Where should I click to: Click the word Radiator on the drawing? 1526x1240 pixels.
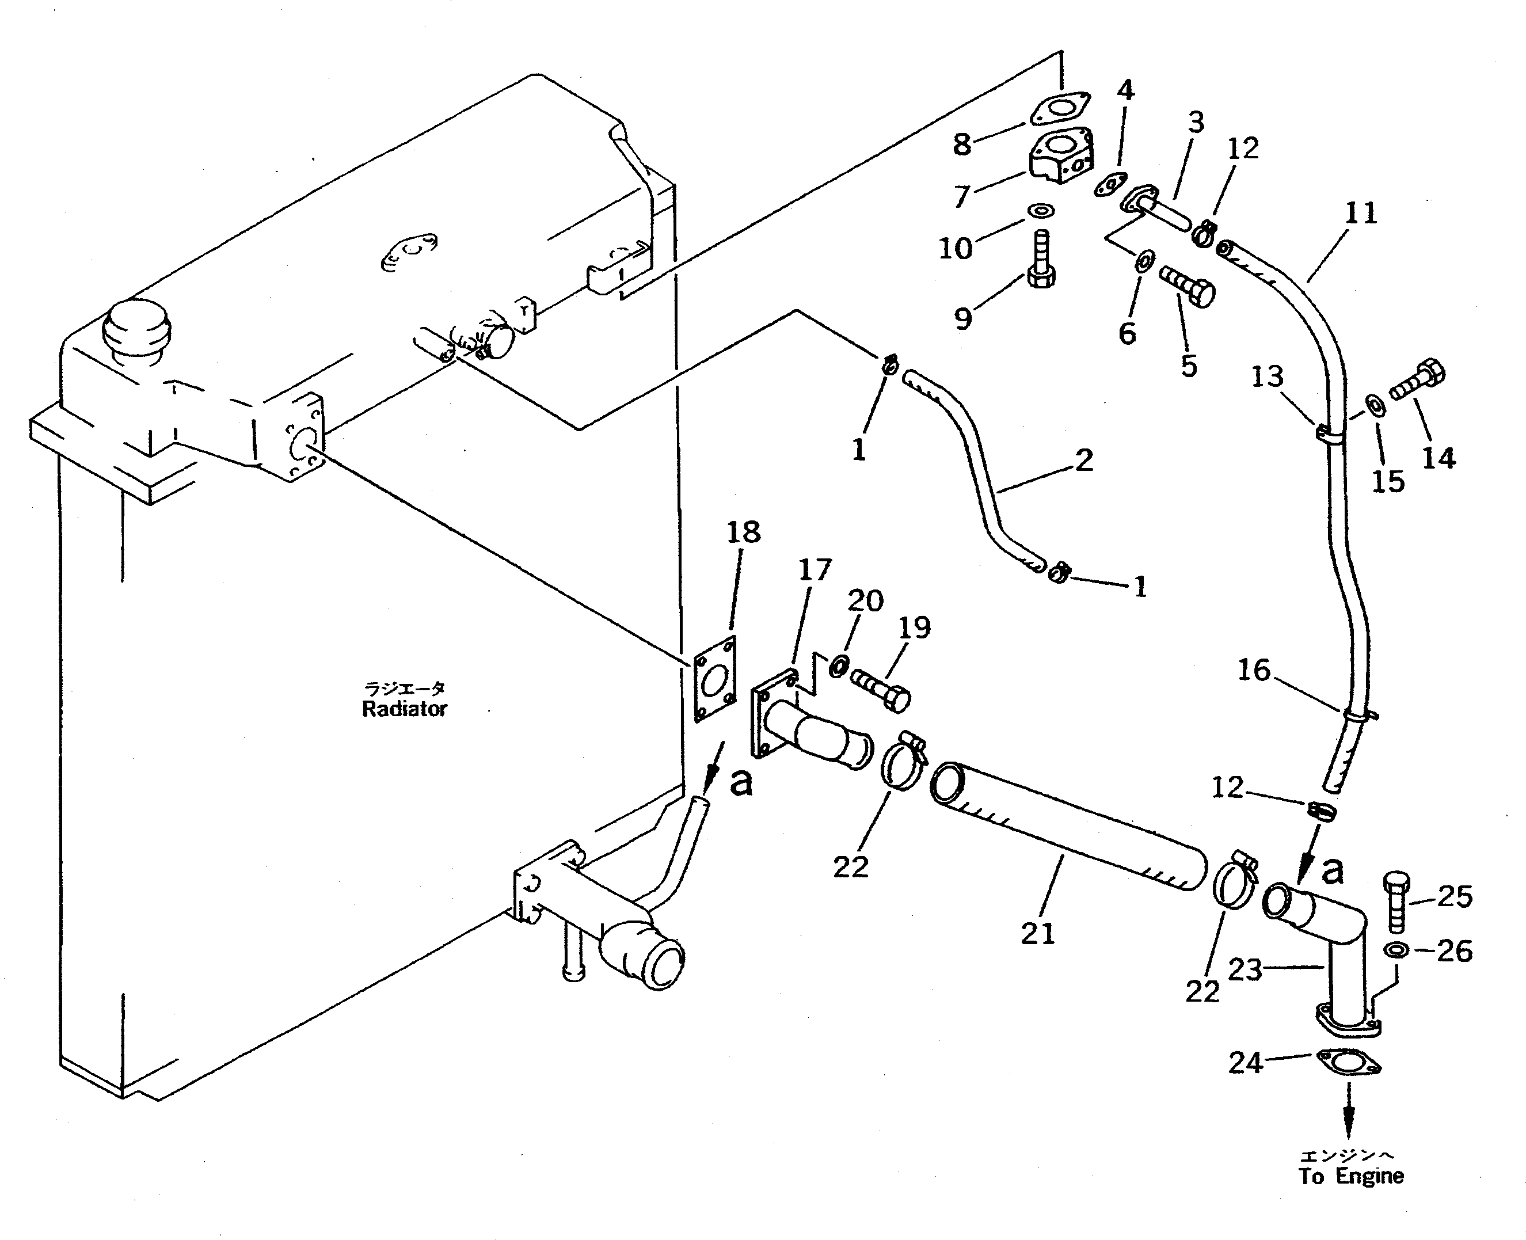404,709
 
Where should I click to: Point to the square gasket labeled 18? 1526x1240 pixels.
715,679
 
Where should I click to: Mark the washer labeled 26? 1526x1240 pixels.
1396,950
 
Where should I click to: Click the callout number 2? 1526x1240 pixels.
1084,460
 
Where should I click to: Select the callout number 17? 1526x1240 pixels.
815,569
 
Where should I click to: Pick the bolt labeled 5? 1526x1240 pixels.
1187,286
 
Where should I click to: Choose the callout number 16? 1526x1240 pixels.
1254,670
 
